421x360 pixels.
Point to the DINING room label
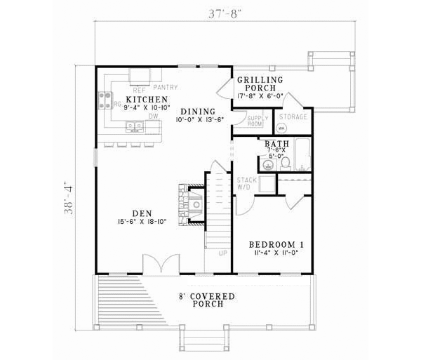(x=194, y=112)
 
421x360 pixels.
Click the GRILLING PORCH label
(x=259, y=81)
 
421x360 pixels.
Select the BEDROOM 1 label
(x=276, y=244)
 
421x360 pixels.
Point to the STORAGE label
(x=293, y=116)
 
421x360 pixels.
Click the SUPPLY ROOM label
(x=254, y=120)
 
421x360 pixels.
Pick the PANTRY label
(x=166, y=88)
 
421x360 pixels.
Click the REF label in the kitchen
(x=139, y=90)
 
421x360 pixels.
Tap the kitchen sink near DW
(x=133, y=127)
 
